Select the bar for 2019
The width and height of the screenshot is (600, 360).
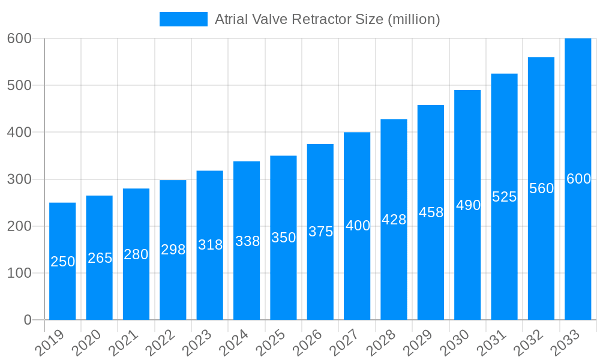click(x=62, y=261)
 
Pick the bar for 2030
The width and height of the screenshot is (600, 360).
click(x=467, y=205)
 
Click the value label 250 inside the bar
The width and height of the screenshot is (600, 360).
click(x=62, y=262)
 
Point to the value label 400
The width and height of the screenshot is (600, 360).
click(x=358, y=226)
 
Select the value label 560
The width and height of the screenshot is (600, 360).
click(x=541, y=188)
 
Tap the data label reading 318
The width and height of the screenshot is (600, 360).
click(x=210, y=245)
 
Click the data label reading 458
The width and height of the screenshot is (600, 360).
click(x=431, y=212)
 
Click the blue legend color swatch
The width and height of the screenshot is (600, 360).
click(x=183, y=19)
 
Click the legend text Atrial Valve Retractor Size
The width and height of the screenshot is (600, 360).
click(x=327, y=19)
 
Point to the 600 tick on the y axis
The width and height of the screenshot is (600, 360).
click(x=19, y=38)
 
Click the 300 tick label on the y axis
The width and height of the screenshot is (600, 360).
click(x=19, y=179)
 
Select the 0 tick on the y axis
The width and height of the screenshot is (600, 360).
click(x=28, y=320)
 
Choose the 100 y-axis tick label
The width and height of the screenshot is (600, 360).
click(x=19, y=274)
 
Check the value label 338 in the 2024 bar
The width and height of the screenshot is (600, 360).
click(x=247, y=241)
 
